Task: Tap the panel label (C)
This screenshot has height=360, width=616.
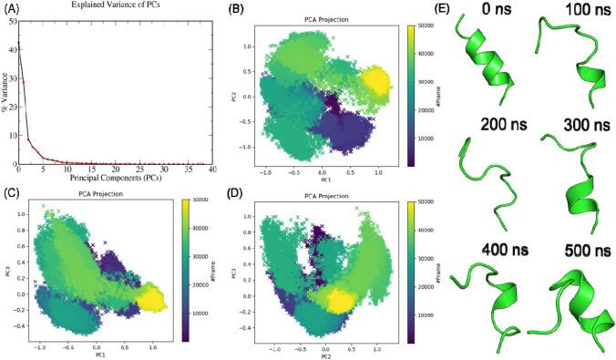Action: point(11,190)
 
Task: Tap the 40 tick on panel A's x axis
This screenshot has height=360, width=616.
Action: point(211,170)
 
